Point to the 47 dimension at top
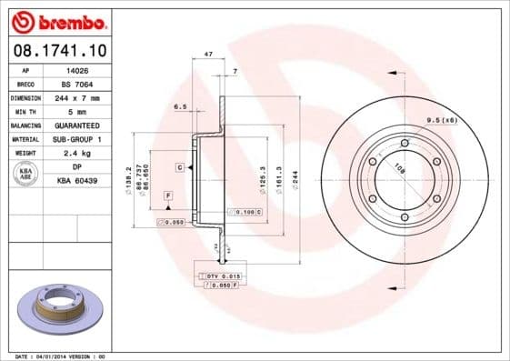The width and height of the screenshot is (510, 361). click(x=208, y=55)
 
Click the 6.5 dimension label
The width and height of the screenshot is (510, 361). click(x=180, y=106)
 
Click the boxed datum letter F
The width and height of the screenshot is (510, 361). click(x=168, y=196)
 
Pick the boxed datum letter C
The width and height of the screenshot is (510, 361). click(x=180, y=168)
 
